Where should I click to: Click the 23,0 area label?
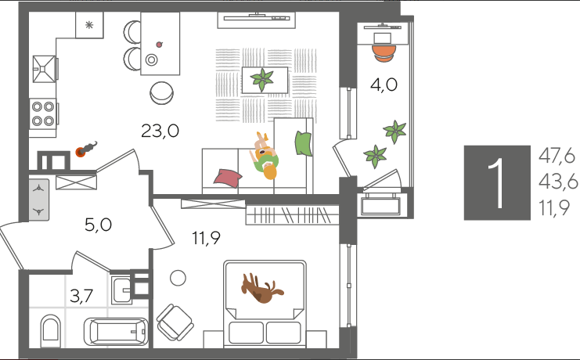click(x=160, y=131)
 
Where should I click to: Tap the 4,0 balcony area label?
click(x=384, y=85)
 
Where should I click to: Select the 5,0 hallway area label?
click(x=98, y=225)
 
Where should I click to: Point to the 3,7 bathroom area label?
click(x=81, y=296)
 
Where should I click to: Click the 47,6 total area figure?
click(x=557, y=156)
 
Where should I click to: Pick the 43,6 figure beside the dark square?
click(x=558, y=182)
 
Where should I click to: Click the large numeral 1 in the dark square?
click(x=498, y=183)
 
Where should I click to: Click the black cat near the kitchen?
click(x=87, y=149)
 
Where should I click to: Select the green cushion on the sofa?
click(x=304, y=143)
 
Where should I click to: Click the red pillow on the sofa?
click(x=228, y=177)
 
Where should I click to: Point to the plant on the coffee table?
click(x=262, y=80)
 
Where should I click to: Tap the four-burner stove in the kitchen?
click(x=43, y=113)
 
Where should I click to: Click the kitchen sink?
click(x=44, y=69)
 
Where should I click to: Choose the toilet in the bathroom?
click(x=50, y=331)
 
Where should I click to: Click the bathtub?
click(x=116, y=332)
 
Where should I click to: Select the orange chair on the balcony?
click(x=384, y=53)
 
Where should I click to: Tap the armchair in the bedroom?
click(x=175, y=322)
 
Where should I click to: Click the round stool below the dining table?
click(x=162, y=93)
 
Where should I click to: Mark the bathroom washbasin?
click(x=121, y=290)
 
